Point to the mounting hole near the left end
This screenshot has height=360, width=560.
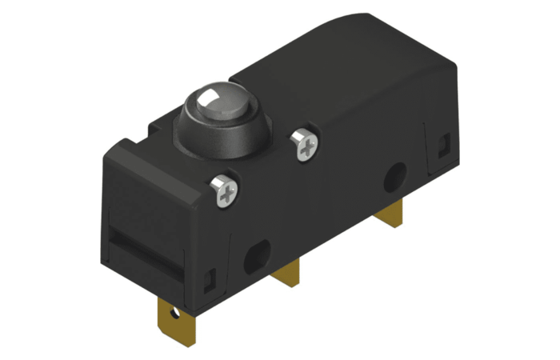[258, 256]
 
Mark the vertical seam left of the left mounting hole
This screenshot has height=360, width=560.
[233, 256]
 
